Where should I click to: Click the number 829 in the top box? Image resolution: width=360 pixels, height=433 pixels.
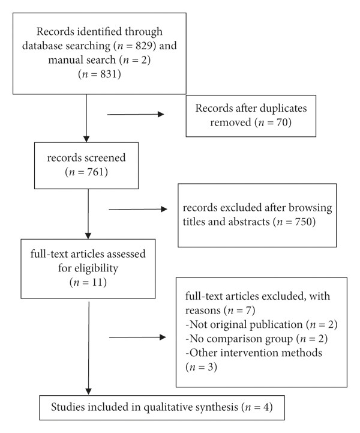(x=143, y=46)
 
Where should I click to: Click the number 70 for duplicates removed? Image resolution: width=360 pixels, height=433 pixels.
(x=281, y=122)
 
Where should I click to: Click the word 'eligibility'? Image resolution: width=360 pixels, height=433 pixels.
(x=96, y=268)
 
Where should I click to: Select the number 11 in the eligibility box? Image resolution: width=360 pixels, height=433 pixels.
(x=97, y=282)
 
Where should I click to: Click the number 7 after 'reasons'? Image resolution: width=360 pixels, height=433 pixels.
(x=248, y=310)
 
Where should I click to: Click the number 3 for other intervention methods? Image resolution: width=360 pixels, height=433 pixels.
(x=210, y=367)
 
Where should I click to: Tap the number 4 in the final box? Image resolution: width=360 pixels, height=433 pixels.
(x=266, y=407)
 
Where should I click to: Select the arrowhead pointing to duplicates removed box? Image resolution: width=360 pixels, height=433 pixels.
(x=161, y=114)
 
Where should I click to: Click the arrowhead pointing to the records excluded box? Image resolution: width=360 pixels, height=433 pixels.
(x=164, y=209)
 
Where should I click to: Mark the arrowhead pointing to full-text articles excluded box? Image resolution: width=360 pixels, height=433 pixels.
(x=163, y=337)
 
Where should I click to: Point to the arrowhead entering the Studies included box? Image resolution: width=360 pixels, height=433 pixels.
(x=88, y=392)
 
